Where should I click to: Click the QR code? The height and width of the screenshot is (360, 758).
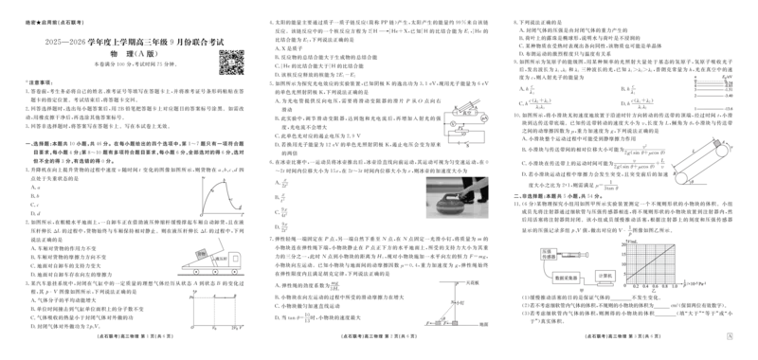pos(230,61)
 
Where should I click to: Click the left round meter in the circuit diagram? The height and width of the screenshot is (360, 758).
pos(452,124)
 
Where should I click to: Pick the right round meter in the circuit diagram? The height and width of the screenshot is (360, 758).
pos(484,117)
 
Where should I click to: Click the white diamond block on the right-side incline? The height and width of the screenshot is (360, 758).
pos(717,143)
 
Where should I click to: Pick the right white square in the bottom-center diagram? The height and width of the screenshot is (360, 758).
pos(457,321)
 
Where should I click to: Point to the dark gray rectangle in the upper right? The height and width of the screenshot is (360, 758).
pos(712,87)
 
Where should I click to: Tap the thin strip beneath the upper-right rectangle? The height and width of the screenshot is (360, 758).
pos(712,110)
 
